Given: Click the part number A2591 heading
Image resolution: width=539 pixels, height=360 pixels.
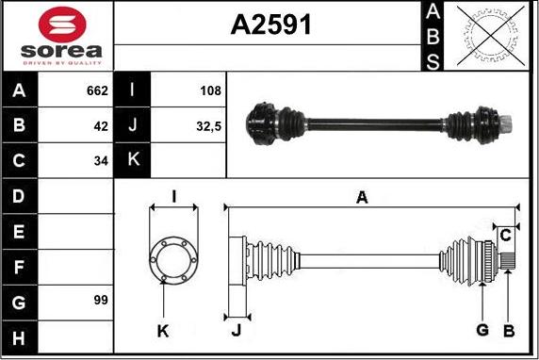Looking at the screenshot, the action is [x=270, y=25].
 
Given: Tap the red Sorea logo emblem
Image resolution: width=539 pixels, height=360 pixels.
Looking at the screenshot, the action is [x=62, y=25].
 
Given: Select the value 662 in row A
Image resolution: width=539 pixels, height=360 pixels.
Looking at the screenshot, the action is [x=97, y=90].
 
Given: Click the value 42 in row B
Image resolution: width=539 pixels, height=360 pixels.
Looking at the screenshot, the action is [x=101, y=126].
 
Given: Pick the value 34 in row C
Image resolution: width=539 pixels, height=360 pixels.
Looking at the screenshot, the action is [x=101, y=160].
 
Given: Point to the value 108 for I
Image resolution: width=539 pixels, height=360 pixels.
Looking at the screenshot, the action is [x=210, y=90].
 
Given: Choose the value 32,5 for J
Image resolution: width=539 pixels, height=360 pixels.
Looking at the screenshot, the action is [x=208, y=126].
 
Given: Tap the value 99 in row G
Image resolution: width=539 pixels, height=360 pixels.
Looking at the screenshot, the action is [x=101, y=300].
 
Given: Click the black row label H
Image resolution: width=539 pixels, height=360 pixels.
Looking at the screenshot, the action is [x=19, y=337].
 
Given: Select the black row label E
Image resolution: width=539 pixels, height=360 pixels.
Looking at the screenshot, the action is [x=19, y=232].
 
